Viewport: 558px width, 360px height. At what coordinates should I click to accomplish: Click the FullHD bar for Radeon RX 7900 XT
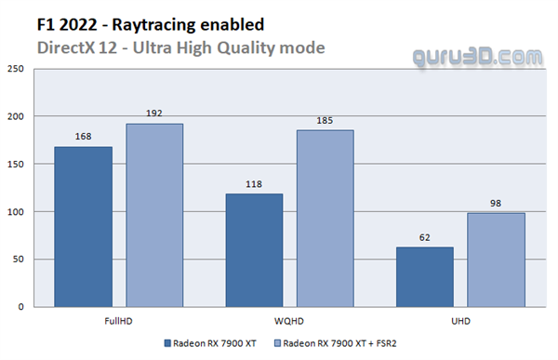coord(84,227)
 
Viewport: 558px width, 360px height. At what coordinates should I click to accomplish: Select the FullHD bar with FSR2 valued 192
coord(154,216)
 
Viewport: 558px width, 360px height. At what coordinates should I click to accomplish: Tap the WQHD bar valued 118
coord(254,250)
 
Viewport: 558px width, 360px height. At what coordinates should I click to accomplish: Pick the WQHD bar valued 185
coord(325,219)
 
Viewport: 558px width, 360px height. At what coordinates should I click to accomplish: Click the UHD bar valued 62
coord(425,277)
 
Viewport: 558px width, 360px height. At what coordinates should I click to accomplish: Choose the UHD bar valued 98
coord(496,260)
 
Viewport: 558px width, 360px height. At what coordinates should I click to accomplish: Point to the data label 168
coord(84,137)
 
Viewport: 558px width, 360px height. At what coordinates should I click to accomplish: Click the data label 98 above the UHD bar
coord(496,204)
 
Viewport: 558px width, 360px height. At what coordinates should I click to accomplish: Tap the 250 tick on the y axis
coord(16,69)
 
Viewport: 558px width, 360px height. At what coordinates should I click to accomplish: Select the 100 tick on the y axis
coord(16,212)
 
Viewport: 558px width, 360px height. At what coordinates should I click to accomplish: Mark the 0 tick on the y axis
coord(21,307)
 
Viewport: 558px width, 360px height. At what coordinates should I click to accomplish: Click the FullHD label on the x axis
coord(118,321)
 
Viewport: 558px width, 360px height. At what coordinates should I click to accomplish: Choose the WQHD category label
coord(289,321)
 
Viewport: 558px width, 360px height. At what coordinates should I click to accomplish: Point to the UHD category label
coord(461,321)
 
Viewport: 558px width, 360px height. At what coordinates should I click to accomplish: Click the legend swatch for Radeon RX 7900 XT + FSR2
coord(277,343)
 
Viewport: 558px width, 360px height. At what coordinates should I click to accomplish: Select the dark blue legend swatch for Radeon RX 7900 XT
coord(167,343)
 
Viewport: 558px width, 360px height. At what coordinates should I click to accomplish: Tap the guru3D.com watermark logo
coord(478,58)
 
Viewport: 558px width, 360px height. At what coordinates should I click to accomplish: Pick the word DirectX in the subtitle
coord(66,47)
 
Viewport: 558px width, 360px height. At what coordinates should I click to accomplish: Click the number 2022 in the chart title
coord(77,25)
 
